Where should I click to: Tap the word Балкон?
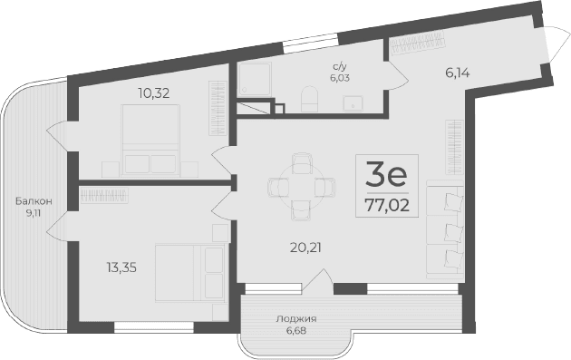pos(34,200)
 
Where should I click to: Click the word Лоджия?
pos(297,318)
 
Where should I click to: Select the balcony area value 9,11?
pos(34,214)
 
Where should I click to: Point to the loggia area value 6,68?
pos(297,330)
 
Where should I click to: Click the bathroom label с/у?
pos(341,65)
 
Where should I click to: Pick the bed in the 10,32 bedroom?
pos(150,145)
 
